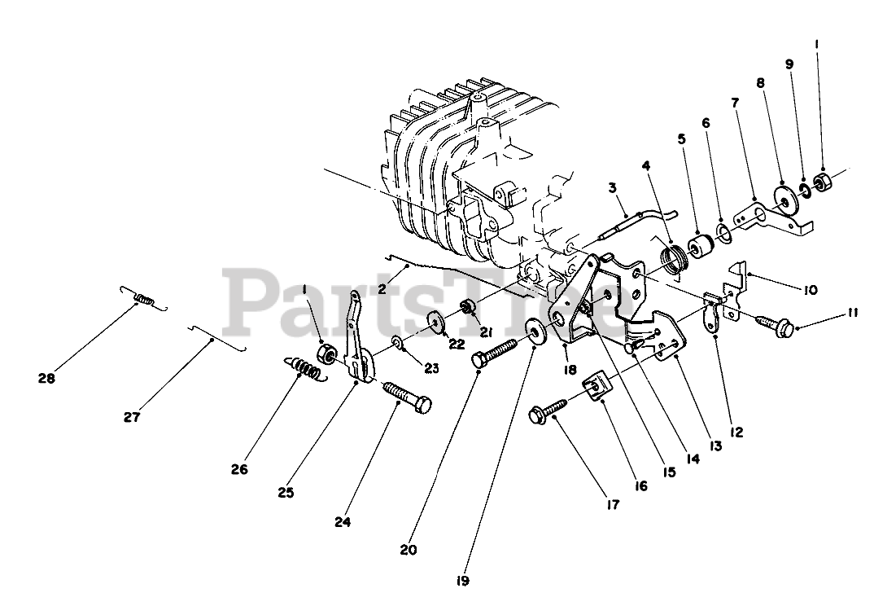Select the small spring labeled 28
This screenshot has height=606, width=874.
pyautogui.click(x=144, y=300)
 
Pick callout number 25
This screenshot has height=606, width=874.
pyautogui.click(x=284, y=492)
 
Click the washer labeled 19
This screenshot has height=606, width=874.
pyautogui.click(x=535, y=329)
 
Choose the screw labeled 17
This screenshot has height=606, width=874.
pyautogui.click(x=551, y=415)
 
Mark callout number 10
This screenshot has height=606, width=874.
pyautogui.click(x=811, y=289)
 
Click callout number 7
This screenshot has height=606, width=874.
pyautogui.click(x=734, y=103)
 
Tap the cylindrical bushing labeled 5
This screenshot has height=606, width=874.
pyautogui.click(x=699, y=245)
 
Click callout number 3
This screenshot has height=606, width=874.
pyautogui.click(x=612, y=188)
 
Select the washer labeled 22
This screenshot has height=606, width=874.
pyautogui.click(x=435, y=323)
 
